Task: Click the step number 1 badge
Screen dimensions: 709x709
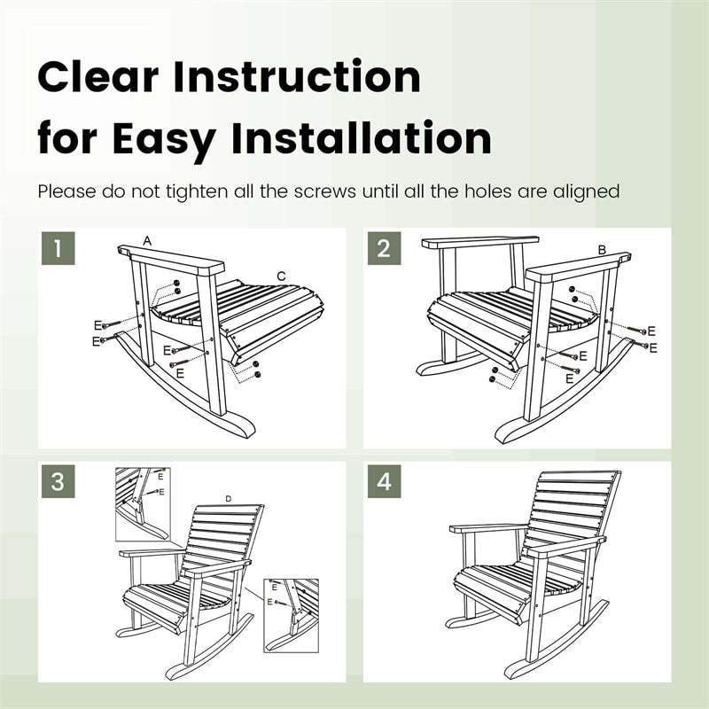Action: pyautogui.click(x=58, y=248)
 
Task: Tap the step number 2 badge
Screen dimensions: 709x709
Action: pyautogui.click(x=384, y=248)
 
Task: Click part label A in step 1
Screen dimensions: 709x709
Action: pyautogui.click(x=147, y=241)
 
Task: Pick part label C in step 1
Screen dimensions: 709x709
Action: pyautogui.click(x=281, y=277)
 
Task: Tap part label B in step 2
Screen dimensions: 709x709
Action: pyautogui.click(x=602, y=251)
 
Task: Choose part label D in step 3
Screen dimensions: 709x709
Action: pyautogui.click(x=228, y=500)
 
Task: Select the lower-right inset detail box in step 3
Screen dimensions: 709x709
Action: pyautogui.click(x=291, y=615)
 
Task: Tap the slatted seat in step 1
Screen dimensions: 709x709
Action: pyautogui.click(x=239, y=310)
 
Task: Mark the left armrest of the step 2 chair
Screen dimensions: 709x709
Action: pyautogui.click(x=479, y=241)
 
